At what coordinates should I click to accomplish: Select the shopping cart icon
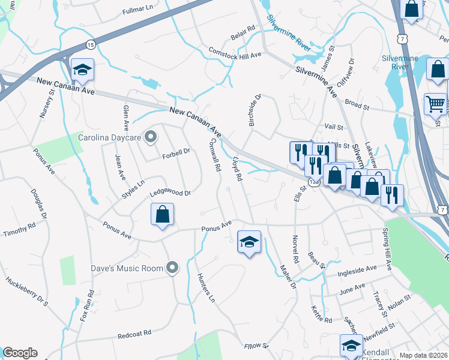[x=435, y=104]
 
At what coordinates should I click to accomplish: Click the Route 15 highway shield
[x=90, y=44]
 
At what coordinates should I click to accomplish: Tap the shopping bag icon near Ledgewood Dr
[x=162, y=215]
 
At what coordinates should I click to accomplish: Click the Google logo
[x=20, y=353]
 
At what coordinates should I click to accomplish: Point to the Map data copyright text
[x=424, y=355]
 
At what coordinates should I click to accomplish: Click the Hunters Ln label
[x=205, y=286]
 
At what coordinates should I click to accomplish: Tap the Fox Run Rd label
[x=91, y=306]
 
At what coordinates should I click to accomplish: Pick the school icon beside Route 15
[x=82, y=70]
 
